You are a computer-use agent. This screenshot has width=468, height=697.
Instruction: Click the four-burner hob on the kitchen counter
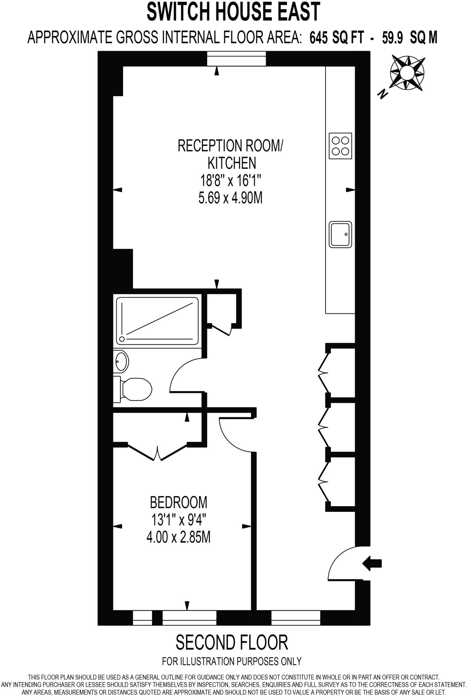340,146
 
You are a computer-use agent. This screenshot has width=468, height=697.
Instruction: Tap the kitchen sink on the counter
340,234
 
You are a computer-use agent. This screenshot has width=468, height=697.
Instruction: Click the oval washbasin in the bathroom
121,361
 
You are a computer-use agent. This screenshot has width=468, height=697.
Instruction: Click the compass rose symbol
407,73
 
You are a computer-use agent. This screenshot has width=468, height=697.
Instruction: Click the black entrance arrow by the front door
372,564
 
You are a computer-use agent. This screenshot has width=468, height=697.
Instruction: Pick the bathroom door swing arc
185,374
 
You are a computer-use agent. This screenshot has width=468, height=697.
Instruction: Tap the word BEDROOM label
178,502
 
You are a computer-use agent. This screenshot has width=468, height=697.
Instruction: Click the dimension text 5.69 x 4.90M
230,198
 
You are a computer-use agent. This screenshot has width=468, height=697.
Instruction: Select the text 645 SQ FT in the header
336,38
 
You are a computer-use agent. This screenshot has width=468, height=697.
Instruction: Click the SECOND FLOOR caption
232,643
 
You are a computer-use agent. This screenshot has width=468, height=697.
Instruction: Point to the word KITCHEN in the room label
232,163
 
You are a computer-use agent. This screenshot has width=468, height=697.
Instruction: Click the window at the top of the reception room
237,59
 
